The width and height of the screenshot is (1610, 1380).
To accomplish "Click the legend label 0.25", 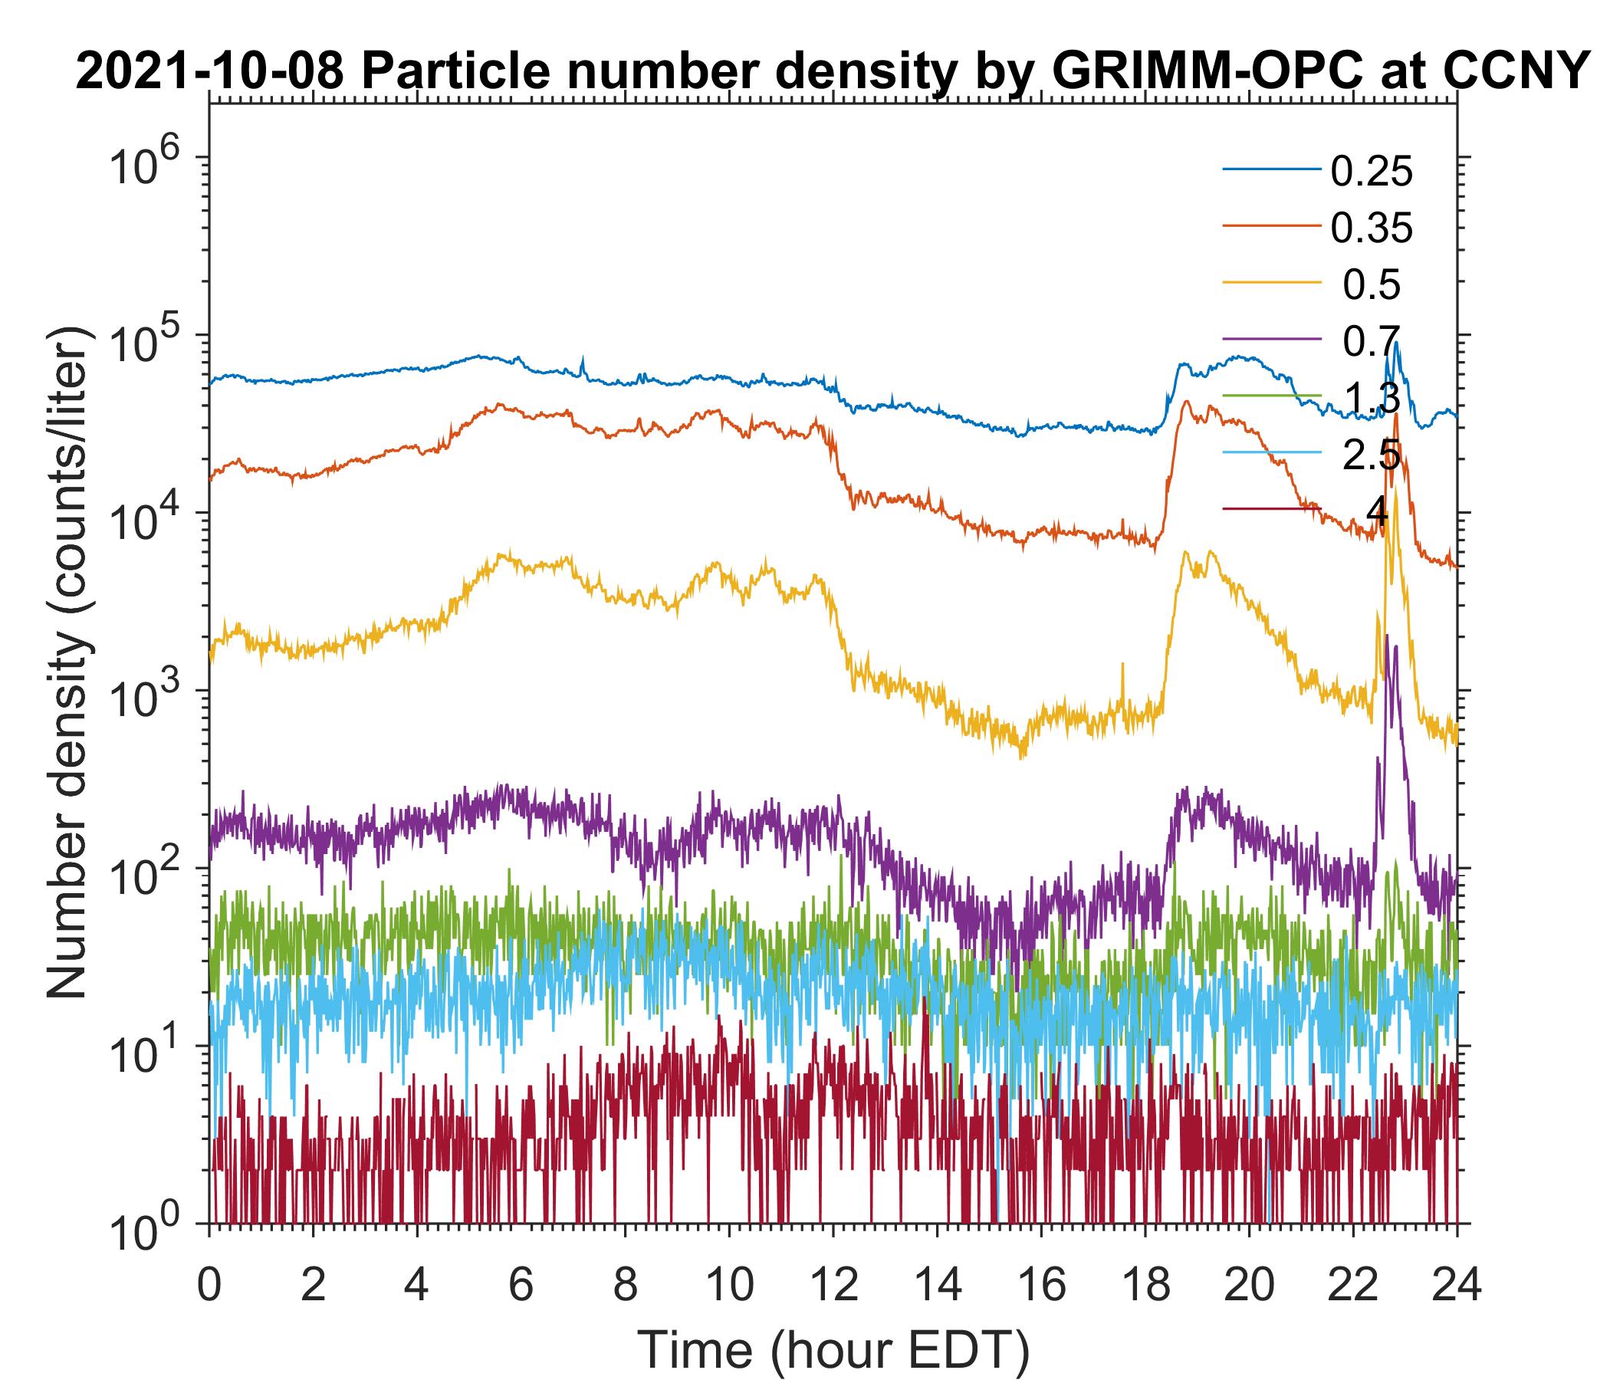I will pyautogui.click(x=1371, y=172).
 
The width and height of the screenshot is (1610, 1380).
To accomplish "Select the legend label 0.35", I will pyautogui.click(x=1371, y=228).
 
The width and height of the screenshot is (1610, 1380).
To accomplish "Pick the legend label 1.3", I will pyautogui.click(x=1372, y=398).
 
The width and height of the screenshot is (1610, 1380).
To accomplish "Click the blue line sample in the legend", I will pyautogui.click(x=1271, y=169).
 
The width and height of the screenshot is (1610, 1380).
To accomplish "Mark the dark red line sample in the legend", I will pyautogui.click(x=1271, y=509).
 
